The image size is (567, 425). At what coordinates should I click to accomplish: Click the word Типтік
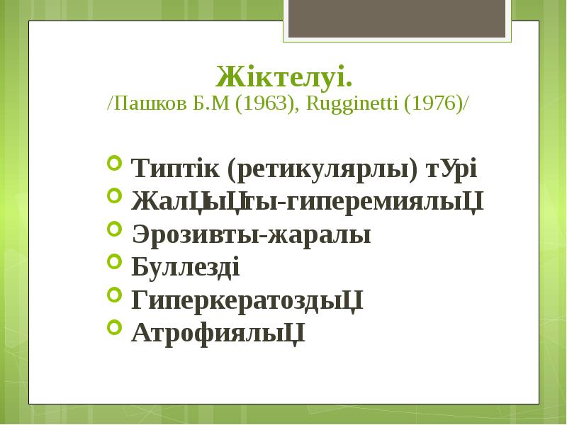coord(176,170)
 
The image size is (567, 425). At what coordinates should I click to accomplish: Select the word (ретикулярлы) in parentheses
coord(323,170)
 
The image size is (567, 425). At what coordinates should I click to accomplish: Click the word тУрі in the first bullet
coord(451,170)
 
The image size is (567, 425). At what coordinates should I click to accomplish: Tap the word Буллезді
coord(186,268)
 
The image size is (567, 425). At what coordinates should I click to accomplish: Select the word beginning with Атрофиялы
coord(218,331)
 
